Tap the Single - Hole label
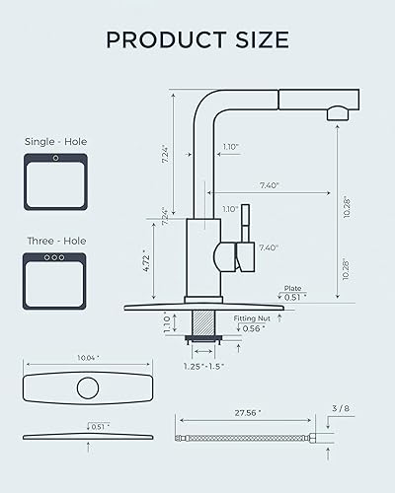point(55,142)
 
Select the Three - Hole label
point(55,241)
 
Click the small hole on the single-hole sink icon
point(55,158)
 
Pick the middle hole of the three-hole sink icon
point(55,257)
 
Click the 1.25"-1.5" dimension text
point(204,366)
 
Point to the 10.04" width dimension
point(90,359)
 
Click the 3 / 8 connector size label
point(341,406)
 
